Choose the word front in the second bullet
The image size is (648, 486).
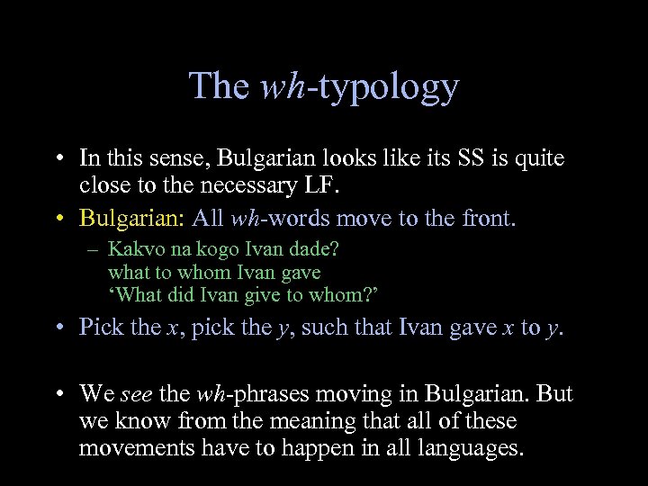pyautogui.click(x=485, y=219)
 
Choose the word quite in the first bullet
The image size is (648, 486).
pyautogui.click(x=539, y=159)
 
